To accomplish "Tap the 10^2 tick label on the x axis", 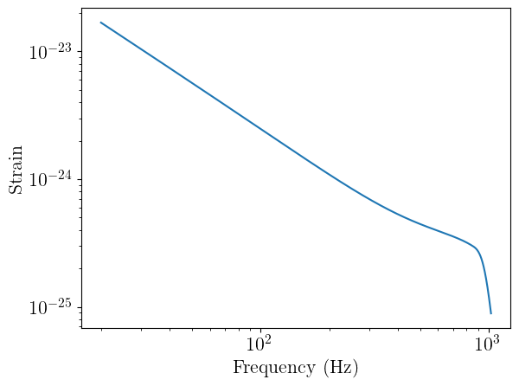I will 260,344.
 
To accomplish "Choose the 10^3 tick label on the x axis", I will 489,344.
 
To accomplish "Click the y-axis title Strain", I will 16,168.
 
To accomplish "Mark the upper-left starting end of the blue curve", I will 100,23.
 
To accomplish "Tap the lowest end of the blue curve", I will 490,313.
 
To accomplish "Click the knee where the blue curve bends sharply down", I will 477,251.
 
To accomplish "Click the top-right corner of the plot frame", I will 509,9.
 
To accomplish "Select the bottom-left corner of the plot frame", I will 82,328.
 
